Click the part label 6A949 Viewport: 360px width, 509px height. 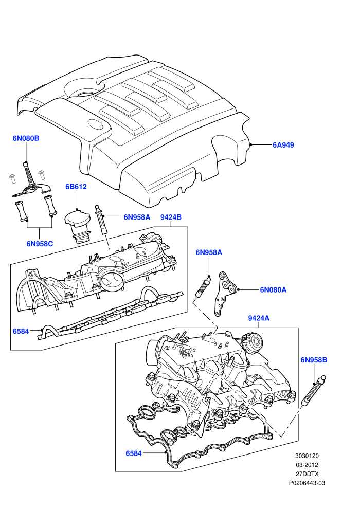(283, 145)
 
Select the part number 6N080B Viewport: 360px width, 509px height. (26, 138)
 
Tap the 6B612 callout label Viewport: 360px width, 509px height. (76, 187)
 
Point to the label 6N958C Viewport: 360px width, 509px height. (40, 244)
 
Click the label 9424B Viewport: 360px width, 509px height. (171, 217)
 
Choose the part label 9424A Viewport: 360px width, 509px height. (259, 318)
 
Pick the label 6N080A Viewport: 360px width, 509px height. (273, 289)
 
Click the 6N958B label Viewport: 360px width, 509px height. (314, 360)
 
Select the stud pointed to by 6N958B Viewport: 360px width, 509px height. (314, 391)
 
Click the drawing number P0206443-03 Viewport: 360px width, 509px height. (307, 483)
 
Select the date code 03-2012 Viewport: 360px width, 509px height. (307, 465)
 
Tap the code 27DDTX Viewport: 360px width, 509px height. (307, 474)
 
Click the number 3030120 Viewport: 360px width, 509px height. (307, 456)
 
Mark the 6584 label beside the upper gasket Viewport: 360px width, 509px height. (21, 332)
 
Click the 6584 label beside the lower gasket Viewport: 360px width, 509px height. (134, 453)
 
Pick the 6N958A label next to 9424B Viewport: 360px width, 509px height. (137, 217)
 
